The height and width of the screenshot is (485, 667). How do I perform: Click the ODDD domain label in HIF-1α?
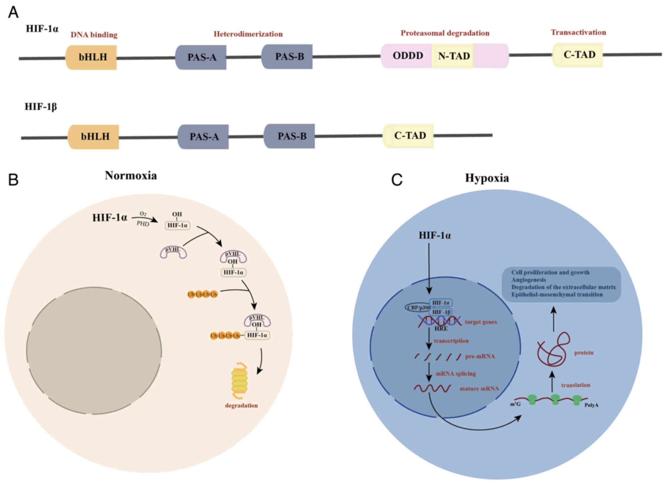click(x=408, y=55)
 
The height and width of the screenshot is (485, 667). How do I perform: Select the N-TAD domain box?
click(x=454, y=56)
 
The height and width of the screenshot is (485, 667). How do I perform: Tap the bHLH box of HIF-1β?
click(x=94, y=137)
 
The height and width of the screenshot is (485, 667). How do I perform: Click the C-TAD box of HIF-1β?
click(x=409, y=136)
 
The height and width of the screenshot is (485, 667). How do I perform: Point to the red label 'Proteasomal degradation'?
click(x=445, y=33)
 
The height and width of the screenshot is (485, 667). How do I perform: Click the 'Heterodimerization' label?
click(x=248, y=34)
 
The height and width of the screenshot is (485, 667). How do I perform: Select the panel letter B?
click(x=13, y=180)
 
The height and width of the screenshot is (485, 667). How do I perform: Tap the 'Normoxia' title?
click(x=131, y=176)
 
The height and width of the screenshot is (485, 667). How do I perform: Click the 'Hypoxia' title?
click(x=487, y=178)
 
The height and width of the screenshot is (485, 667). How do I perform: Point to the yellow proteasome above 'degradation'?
click(x=239, y=379)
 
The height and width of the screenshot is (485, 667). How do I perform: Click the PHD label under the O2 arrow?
click(x=143, y=224)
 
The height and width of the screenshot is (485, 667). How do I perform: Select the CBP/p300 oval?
click(x=418, y=307)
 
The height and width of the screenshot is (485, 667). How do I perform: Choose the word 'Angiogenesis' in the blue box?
click(x=528, y=280)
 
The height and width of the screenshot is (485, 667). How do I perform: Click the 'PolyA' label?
click(x=591, y=405)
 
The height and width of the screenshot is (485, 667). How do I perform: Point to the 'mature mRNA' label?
click(x=479, y=389)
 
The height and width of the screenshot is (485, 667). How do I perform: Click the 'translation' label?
click(x=575, y=385)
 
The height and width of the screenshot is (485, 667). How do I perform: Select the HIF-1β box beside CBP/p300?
click(x=441, y=312)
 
